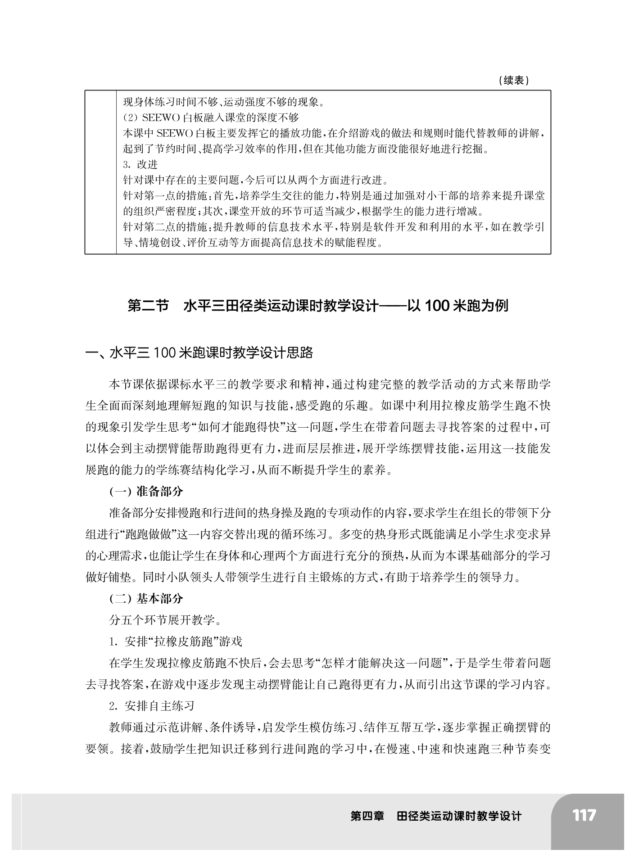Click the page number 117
pos(584,815)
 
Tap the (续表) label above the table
pos(514,81)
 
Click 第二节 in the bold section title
pos(148,306)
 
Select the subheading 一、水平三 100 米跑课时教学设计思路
pos(199,352)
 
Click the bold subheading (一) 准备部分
pos(146,491)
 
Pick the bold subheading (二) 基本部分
pos(146,599)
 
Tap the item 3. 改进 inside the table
pos(140,165)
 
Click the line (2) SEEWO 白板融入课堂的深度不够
pos(211,118)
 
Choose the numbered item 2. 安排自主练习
pos(152,706)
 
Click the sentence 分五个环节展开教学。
pos(165,620)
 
